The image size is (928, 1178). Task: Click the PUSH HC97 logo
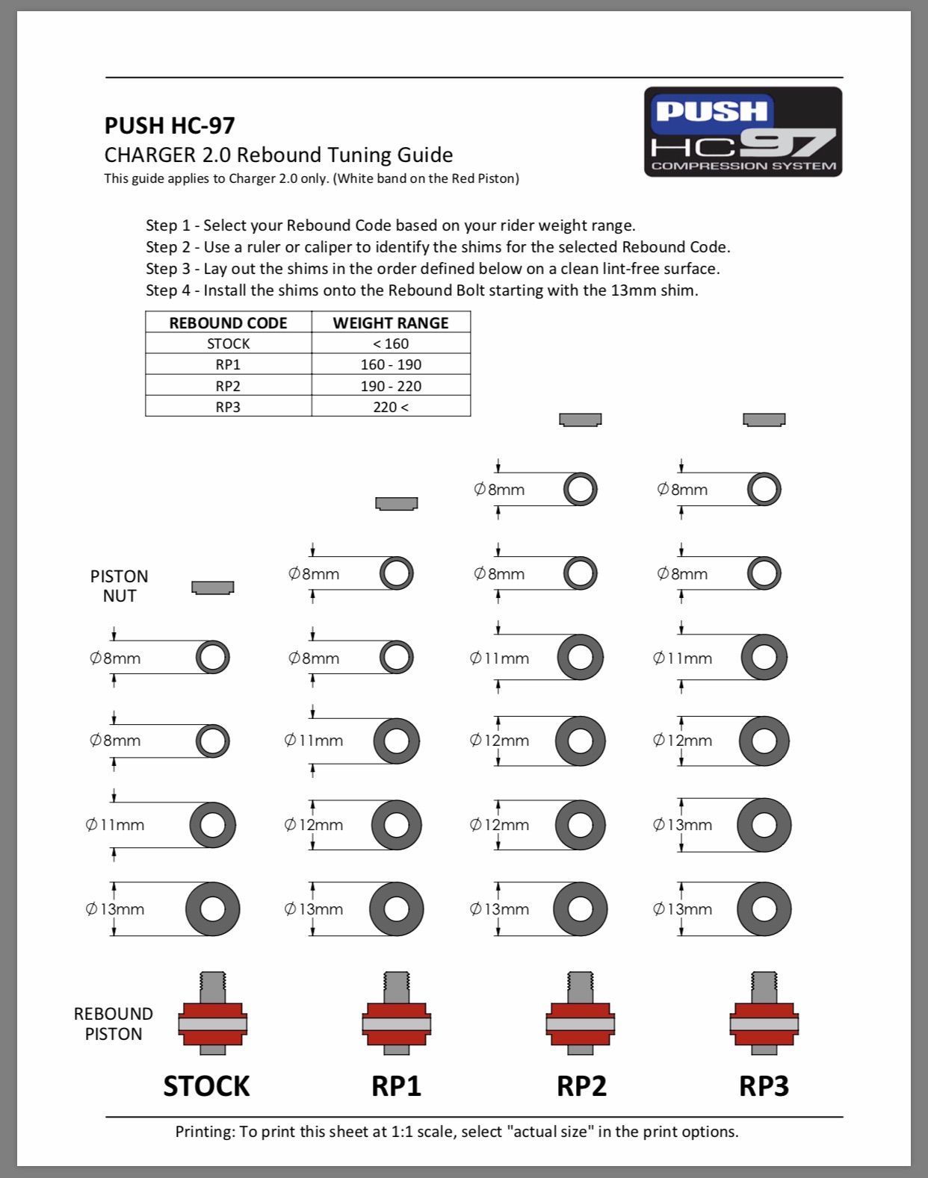pyautogui.click(x=743, y=132)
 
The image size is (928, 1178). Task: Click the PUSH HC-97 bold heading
pyautogui.click(x=170, y=125)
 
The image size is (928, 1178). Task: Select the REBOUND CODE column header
pyautogui.click(x=228, y=322)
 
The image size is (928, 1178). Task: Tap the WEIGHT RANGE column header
pyautogui.click(x=391, y=322)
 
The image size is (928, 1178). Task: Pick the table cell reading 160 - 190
pyautogui.click(x=391, y=364)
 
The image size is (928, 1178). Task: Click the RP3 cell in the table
pyautogui.click(x=228, y=407)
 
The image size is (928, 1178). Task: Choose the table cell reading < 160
pyautogui.click(x=391, y=343)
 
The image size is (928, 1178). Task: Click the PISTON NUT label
pyautogui.click(x=119, y=586)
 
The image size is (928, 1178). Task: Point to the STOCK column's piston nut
pyautogui.click(x=213, y=588)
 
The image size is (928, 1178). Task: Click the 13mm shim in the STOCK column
pyautogui.click(x=213, y=909)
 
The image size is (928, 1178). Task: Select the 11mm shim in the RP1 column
pyautogui.click(x=396, y=741)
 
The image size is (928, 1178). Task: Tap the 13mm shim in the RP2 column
pyautogui.click(x=581, y=909)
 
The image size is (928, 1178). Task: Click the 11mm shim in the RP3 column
pyautogui.click(x=764, y=657)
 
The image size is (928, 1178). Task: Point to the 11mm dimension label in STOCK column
pyautogui.click(x=115, y=825)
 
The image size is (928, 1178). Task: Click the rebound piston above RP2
pyautogui.click(x=581, y=1015)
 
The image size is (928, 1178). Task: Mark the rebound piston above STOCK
pyautogui.click(x=213, y=1015)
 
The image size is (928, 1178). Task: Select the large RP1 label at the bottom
pyautogui.click(x=396, y=1085)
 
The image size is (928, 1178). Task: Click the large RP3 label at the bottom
pyautogui.click(x=764, y=1085)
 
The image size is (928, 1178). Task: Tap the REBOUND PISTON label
pyautogui.click(x=113, y=1023)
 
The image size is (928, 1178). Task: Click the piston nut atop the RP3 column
pyautogui.click(x=764, y=420)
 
